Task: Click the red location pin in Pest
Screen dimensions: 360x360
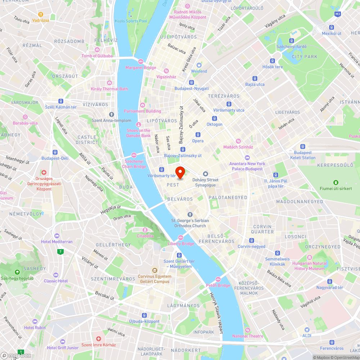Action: click(180, 172)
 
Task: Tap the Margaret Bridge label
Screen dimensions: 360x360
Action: click(140, 68)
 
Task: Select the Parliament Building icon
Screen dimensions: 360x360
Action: click(143, 105)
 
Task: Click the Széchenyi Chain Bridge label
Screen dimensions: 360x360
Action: click(134, 164)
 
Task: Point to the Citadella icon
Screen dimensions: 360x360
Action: click(145, 230)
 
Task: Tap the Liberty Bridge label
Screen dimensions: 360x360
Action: click(181, 244)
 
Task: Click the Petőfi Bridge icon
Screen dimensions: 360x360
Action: click(218, 279)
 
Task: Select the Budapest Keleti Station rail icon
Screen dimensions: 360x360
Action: click(303, 147)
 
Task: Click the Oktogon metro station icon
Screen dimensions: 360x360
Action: click(215, 118)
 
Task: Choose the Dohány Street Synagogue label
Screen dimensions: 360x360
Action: click(205, 183)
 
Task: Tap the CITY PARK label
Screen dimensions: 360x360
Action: click(305, 57)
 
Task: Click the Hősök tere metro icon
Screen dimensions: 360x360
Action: click(273, 61)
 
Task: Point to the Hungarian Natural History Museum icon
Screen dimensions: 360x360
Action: click(310, 257)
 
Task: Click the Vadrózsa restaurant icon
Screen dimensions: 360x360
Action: click(40, 14)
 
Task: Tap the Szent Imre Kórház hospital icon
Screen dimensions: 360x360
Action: click(99, 339)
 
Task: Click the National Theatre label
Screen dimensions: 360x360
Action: click(248, 336)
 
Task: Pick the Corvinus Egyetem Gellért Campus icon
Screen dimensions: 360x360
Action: click(154, 270)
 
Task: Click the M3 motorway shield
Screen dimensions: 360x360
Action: click(337, 14)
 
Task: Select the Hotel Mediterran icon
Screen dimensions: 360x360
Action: click(57, 235)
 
